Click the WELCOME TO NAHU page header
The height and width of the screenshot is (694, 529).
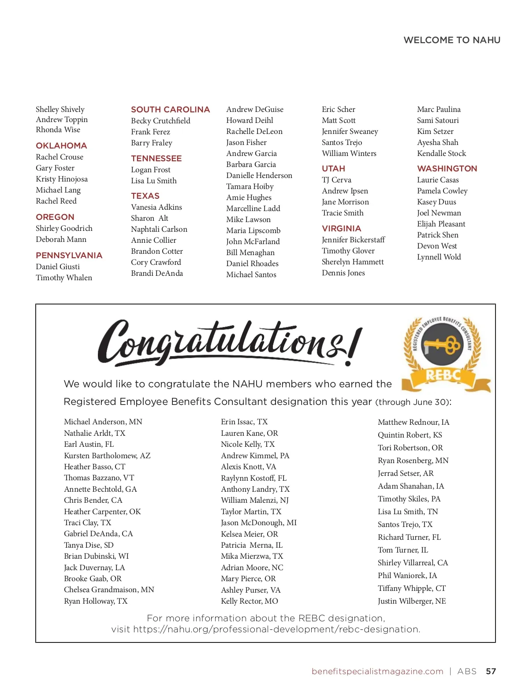(x=452, y=40)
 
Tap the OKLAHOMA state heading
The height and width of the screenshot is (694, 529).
(x=61, y=146)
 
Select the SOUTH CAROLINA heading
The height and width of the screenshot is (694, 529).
(x=170, y=110)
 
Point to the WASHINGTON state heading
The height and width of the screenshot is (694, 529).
(x=447, y=169)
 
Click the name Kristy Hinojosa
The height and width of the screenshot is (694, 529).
(x=62, y=179)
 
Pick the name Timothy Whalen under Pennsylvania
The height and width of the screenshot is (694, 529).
(x=64, y=278)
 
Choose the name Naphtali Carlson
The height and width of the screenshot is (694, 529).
(x=159, y=229)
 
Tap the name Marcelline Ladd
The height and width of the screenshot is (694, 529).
(x=253, y=208)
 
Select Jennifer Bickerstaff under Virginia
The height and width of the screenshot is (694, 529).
(x=353, y=240)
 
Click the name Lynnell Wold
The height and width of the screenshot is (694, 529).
(x=439, y=257)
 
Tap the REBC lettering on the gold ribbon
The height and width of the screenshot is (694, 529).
(x=443, y=376)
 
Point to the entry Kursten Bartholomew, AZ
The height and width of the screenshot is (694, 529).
(x=107, y=456)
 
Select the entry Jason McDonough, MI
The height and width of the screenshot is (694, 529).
(x=259, y=523)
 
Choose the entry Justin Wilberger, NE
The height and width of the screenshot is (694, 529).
(x=412, y=601)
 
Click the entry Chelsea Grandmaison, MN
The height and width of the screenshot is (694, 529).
(x=109, y=590)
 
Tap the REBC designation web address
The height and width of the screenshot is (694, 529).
(x=276, y=629)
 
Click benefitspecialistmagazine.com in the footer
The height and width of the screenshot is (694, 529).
(x=377, y=672)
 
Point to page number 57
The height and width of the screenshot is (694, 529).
(x=491, y=672)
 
